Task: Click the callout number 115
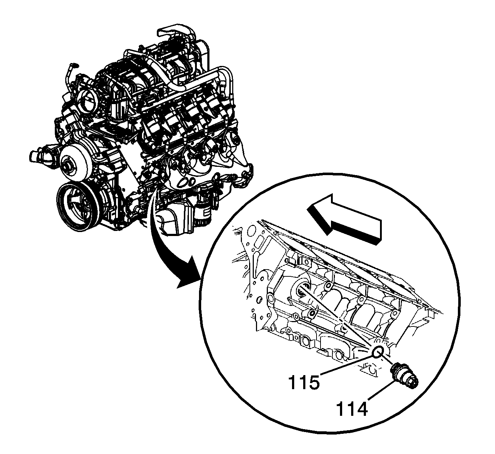point(304,382)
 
